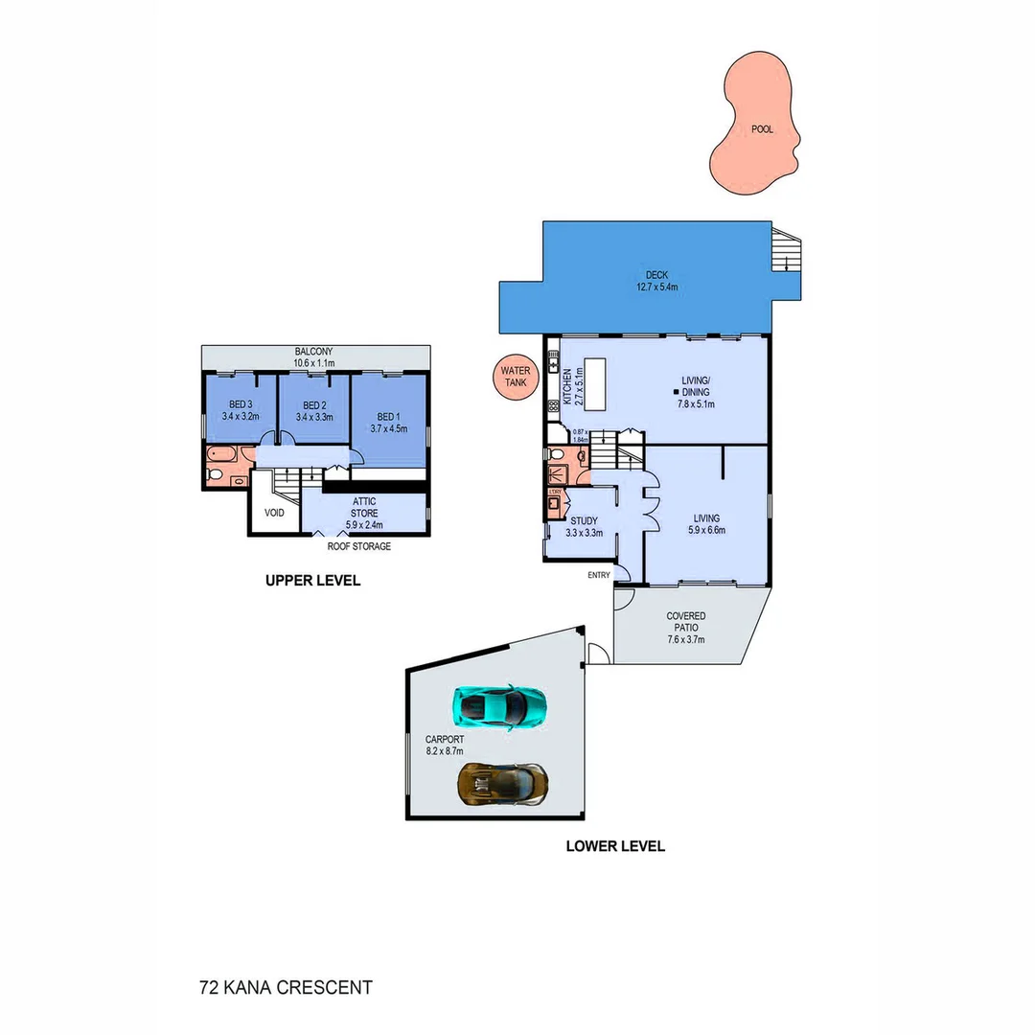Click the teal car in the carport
(x=499, y=706)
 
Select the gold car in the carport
(x=502, y=783)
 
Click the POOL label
(x=762, y=128)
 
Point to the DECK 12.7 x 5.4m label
(x=656, y=281)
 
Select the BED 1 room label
(x=387, y=423)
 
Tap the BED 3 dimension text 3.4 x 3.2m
(x=241, y=417)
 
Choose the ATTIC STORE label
(x=363, y=508)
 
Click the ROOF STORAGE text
(x=359, y=546)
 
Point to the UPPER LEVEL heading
(x=312, y=580)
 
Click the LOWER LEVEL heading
(x=614, y=846)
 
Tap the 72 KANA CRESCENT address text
(x=286, y=987)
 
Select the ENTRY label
(x=599, y=575)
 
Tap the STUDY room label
(x=584, y=520)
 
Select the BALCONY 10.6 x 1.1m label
(x=314, y=357)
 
